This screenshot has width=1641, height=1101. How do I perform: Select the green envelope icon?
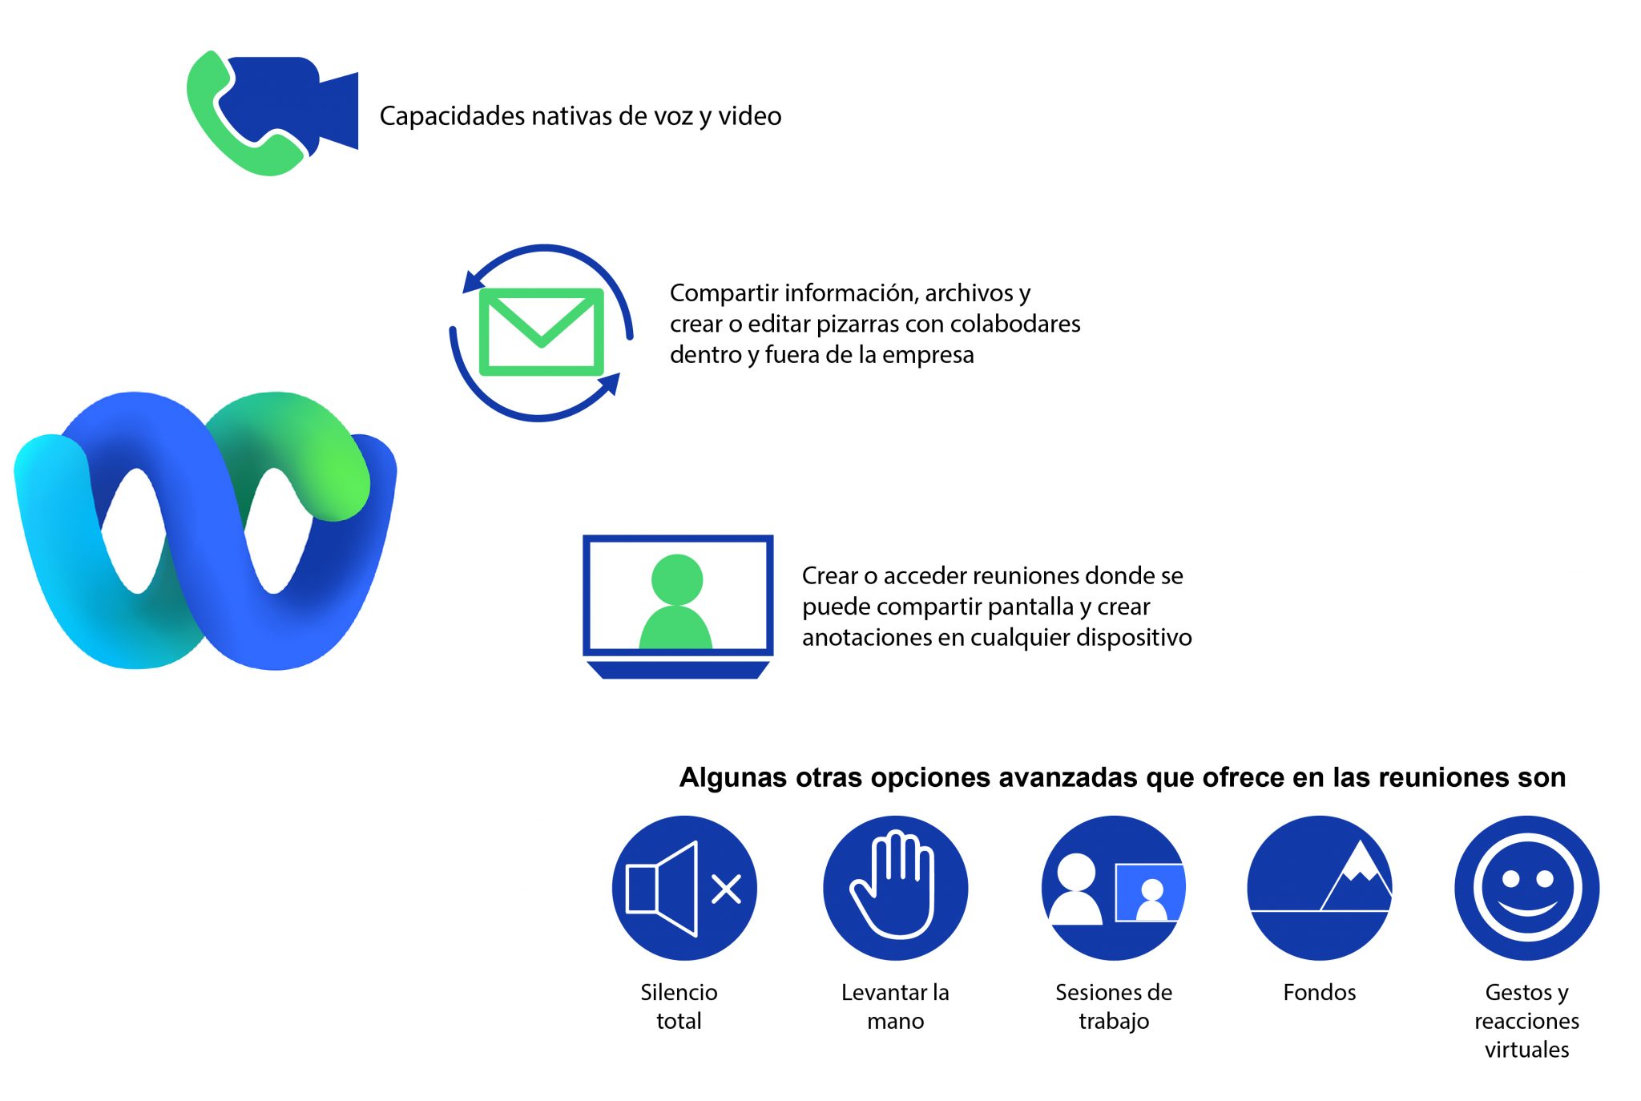pos(541,332)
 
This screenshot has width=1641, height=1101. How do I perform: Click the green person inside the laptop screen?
pos(676,603)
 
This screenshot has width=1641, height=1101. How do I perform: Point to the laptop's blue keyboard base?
pos(678,670)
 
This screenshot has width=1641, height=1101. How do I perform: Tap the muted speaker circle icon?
pos(684,888)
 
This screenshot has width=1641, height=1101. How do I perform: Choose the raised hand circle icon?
pos(896,888)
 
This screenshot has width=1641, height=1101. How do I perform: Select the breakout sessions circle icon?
pos(1114,888)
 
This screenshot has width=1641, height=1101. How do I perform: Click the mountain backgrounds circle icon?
pos(1320,888)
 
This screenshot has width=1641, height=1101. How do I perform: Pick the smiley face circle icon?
pos(1527,888)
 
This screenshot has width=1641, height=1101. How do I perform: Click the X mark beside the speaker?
pos(726,889)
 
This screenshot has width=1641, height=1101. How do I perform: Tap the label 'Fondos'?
pos(1320,992)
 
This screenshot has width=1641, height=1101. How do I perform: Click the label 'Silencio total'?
pos(679,1006)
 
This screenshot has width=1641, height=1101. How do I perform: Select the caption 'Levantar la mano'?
pos(895,1006)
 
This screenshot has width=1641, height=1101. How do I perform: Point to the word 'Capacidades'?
pos(452,116)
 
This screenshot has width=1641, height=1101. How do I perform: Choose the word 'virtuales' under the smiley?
pos(1527,1050)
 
